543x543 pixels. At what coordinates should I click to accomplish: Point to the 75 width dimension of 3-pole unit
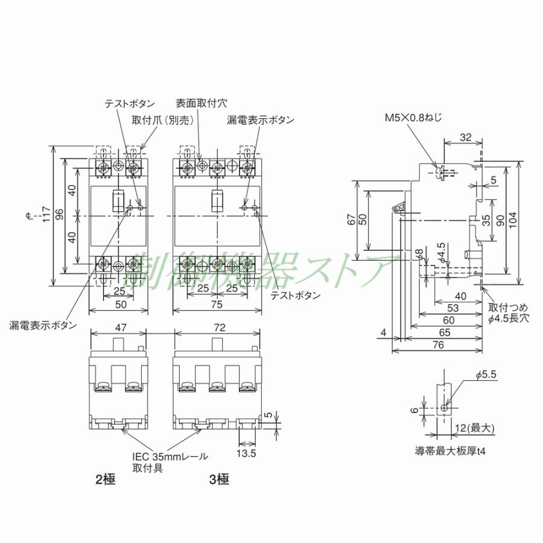(x=217, y=305)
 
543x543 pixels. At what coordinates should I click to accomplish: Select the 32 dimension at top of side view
(x=465, y=137)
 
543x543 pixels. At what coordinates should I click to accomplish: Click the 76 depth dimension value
(x=438, y=345)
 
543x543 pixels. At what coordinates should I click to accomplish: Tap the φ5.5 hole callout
(x=485, y=375)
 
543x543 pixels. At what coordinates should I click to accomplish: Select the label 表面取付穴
(x=202, y=103)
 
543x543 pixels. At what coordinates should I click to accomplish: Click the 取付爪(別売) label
(x=163, y=120)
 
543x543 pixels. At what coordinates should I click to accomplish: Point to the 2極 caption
(x=105, y=481)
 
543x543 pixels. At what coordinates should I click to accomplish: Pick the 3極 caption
(x=219, y=481)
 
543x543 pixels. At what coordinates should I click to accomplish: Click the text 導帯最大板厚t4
(x=449, y=450)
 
